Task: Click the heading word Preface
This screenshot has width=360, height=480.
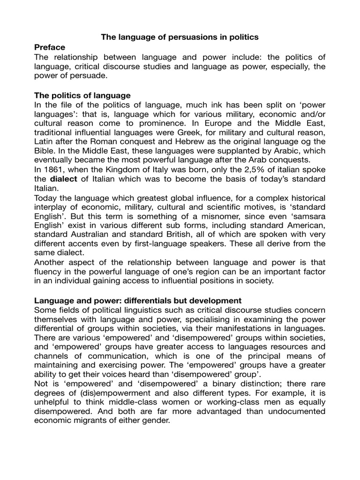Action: (x=50, y=47)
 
